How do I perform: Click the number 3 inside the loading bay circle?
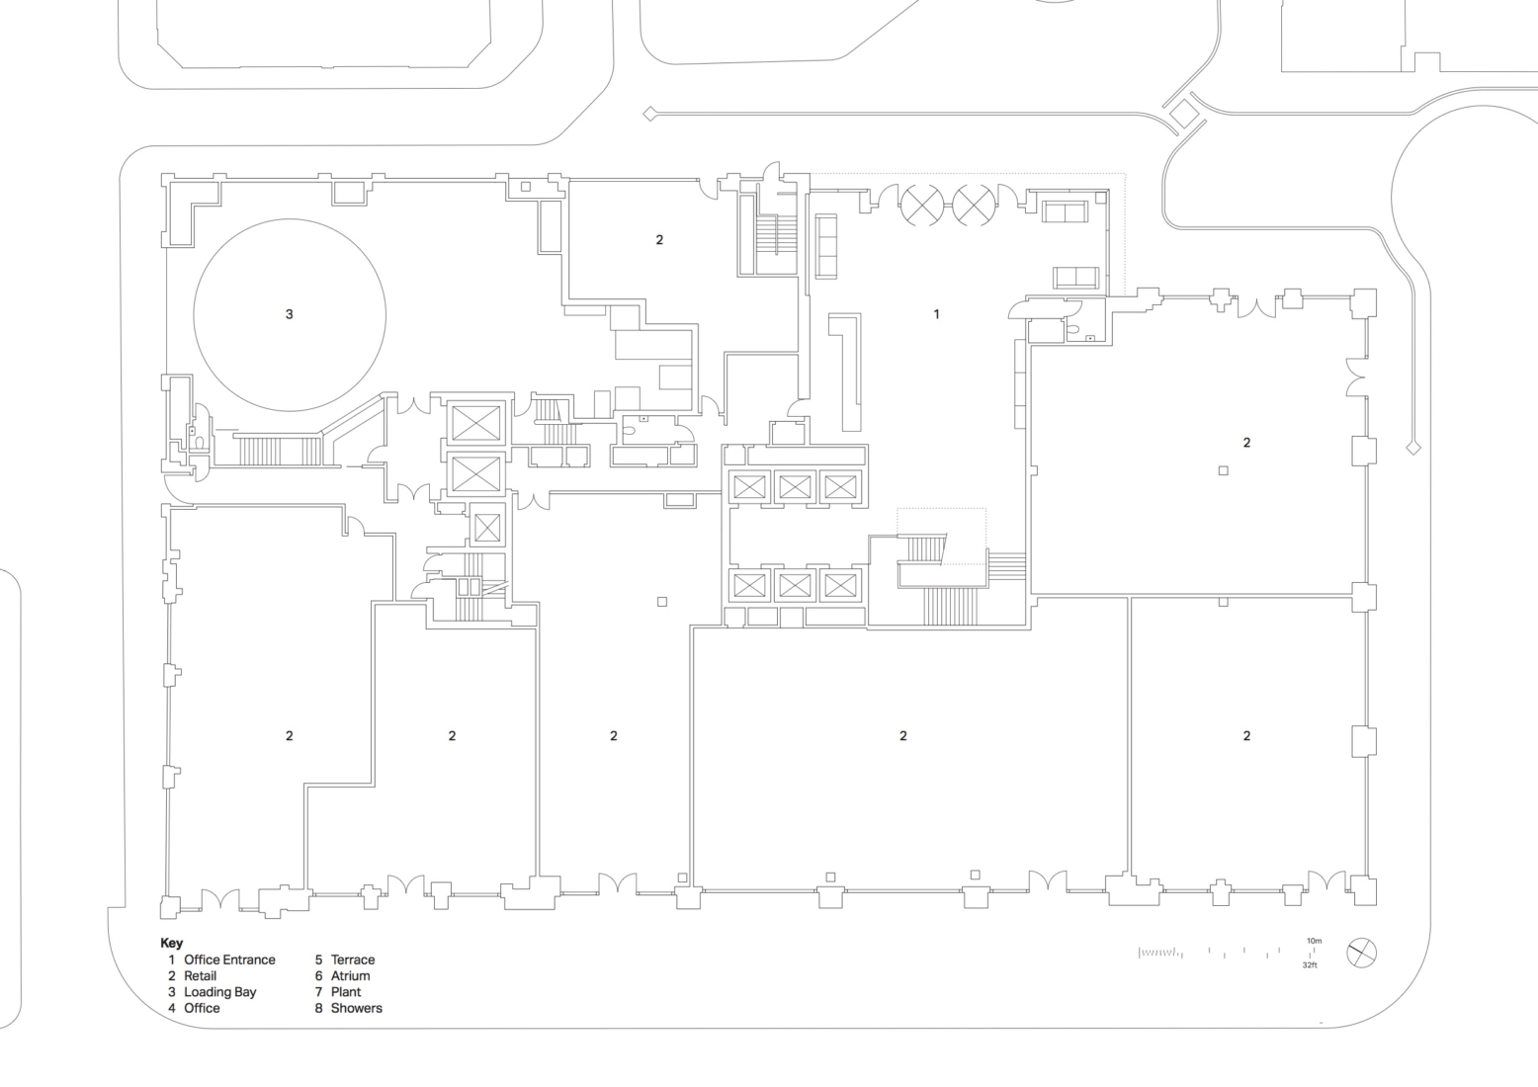[x=289, y=314]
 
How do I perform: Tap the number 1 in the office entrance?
[x=936, y=314]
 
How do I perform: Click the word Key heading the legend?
[x=171, y=943]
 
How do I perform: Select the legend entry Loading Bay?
[x=219, y=992]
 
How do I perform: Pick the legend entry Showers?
[x=356, y=1008]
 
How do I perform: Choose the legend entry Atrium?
[x=350, y=975]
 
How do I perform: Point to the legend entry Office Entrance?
[x=229, y=960]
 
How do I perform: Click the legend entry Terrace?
[x=352, y=960]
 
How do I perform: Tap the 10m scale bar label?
[x=1314, y=941]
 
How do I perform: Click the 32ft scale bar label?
[x=1310, y=964]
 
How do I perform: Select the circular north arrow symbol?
[x=1361, y=954]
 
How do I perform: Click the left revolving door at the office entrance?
[x=921, y=206]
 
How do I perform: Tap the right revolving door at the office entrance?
[x=974, y=206]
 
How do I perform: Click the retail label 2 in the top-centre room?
[x=659, y=239]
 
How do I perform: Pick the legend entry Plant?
[x=346, y=992]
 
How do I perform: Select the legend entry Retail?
[x=200, y=975]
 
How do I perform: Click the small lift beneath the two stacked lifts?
[x=487, y=527]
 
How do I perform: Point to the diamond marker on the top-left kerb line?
[x=649, y=114]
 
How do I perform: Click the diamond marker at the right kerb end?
[x=1413, y=448]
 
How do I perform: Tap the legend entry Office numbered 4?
[x=202, y=1008]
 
